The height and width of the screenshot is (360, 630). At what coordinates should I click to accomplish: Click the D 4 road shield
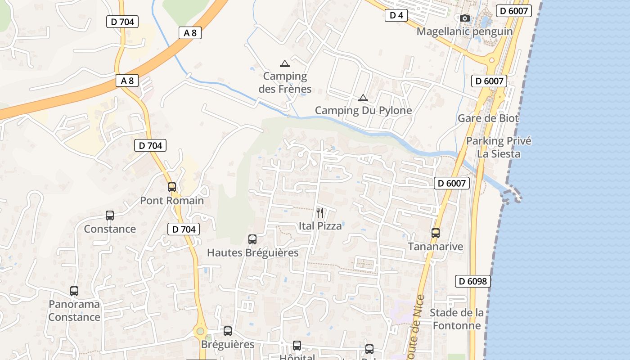(x=396, y=16)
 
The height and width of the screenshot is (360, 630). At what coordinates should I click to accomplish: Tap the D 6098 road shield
(x=472, y=281)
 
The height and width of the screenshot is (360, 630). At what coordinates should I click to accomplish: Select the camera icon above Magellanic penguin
(x=465, y=18)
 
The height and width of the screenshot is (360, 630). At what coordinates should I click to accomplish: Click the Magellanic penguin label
(x=464, y=31)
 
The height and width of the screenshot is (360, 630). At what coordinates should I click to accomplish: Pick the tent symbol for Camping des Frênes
(x=284, y=63)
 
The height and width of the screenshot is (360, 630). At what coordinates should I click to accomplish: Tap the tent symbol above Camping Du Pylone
(x=363, y=98)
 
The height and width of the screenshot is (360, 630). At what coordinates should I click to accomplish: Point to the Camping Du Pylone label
(x=363, y=110)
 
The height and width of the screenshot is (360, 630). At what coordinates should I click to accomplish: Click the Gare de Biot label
(x=488, y=118)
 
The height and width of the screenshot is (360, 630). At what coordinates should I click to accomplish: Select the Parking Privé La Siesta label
(x=499, y=147)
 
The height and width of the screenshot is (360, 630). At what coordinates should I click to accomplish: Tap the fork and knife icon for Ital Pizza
(x=320, y=212)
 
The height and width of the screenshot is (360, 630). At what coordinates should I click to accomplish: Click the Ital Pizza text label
(x=320, y=226)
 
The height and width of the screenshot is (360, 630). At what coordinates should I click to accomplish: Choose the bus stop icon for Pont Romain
(x=172, y=187)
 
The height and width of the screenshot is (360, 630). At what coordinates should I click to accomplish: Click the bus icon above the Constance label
(x=110, y=216)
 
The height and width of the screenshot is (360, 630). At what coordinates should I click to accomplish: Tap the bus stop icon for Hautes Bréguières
(x=252, y=239)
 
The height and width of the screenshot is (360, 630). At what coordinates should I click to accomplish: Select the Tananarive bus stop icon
(x=435, y=233)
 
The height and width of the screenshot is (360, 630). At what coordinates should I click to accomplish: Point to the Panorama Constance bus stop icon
(x=74, y=291)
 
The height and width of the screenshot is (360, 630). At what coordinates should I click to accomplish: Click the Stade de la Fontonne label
(x=457, y=319)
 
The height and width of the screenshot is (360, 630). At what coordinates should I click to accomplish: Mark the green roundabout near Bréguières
(x=200, y=332)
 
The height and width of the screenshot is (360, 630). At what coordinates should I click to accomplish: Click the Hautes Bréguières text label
(x=252, y=253)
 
